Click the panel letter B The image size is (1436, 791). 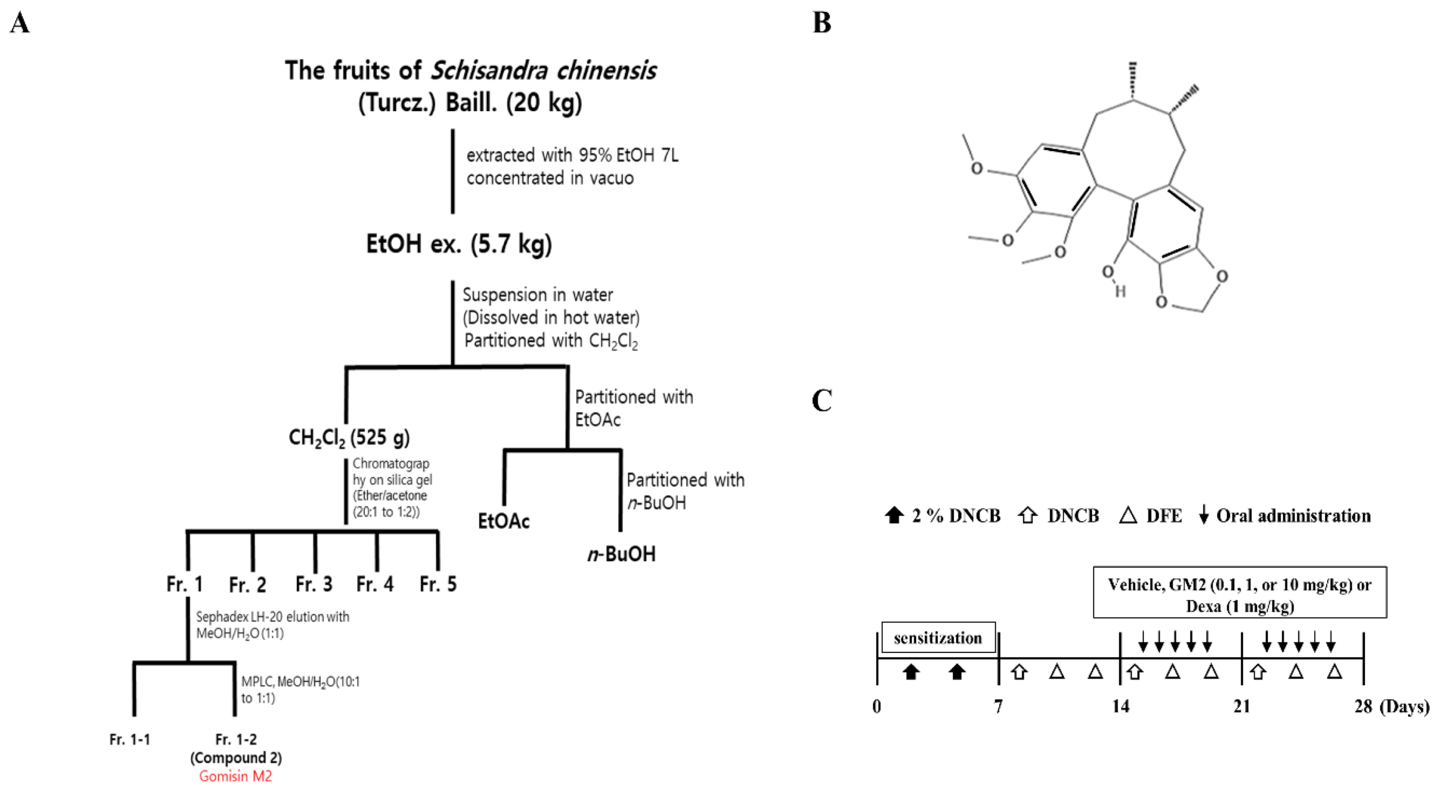[x=822, y=23]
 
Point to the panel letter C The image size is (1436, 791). [x=822, y=400]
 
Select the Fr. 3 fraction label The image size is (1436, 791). [x=314, y=584]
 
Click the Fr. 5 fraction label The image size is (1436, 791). [x=438, y=584]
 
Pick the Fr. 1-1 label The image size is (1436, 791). [x=130, y=740]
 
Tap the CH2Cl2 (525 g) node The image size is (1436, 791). [x=349, y=438]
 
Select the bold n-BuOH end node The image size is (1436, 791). [x=622, y=554]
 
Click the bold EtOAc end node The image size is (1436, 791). [x=504, y=521]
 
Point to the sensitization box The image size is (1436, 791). [x=938, y=638]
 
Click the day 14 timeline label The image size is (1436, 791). [x=1120, y=707]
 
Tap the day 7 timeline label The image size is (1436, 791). [x=998, y=707]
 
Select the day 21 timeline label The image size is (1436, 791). [x=1241, y=707]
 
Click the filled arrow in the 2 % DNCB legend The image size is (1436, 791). [x=894, y=515]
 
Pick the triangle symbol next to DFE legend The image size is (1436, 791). [x=1128, y=515]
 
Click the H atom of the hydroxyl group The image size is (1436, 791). [x=1120, y=291]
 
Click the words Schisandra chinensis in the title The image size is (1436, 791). [x=544, y=71]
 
